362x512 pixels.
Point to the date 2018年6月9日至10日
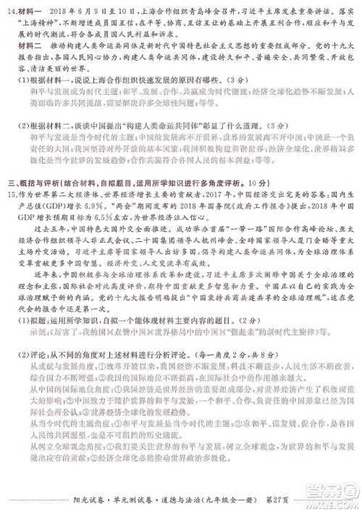94,12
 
